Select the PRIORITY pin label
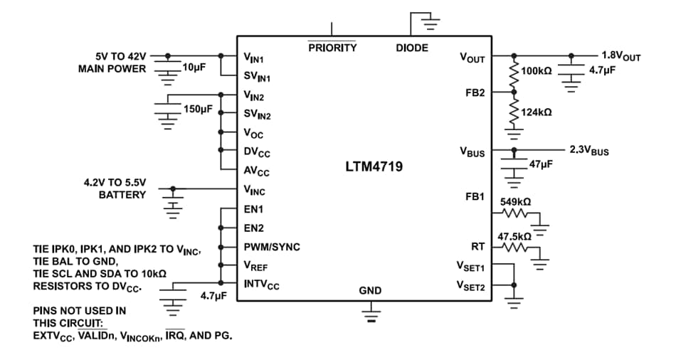click(332, 48)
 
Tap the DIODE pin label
click(412, 48)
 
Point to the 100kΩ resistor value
click(537, 71)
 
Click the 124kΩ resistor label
click(537, 112)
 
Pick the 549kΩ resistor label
click(516, 202)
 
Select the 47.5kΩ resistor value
click(514, 235)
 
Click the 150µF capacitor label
click(198, 109)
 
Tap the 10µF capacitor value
click(194, 67)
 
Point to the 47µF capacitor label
click(541, 164)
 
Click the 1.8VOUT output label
click(621, 56)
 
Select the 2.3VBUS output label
click(589, 151)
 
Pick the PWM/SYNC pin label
click(272, 247)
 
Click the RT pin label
click(477, 247)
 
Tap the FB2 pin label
click(475, 93)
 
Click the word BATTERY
click(122, 194)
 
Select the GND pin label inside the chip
click(370, 290)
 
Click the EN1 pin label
click(253, 210)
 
